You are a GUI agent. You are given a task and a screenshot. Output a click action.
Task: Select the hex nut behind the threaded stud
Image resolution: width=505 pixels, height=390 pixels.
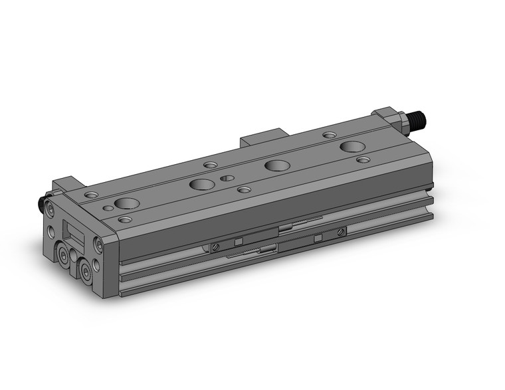[x=401, y=120]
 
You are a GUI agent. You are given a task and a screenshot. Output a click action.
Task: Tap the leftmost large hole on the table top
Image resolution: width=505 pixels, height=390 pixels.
[x=126, y=203]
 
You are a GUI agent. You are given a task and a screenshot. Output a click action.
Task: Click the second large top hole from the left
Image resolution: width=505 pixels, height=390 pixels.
[x=199, y=185]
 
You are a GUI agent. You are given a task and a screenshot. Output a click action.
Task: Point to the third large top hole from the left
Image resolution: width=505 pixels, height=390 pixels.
[x=276, y=165]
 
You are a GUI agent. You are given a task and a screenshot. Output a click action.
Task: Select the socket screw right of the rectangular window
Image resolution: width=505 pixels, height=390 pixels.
[x=99, y=244]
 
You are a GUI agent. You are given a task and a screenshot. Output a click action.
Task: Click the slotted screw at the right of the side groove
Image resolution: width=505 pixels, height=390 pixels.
[x=341, y=231]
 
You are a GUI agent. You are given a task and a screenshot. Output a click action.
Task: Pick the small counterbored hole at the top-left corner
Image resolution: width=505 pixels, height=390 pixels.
[x=91, y=195]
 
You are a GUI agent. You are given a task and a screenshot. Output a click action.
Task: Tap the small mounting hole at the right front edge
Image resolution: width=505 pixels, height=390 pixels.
[x=363, y=159]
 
